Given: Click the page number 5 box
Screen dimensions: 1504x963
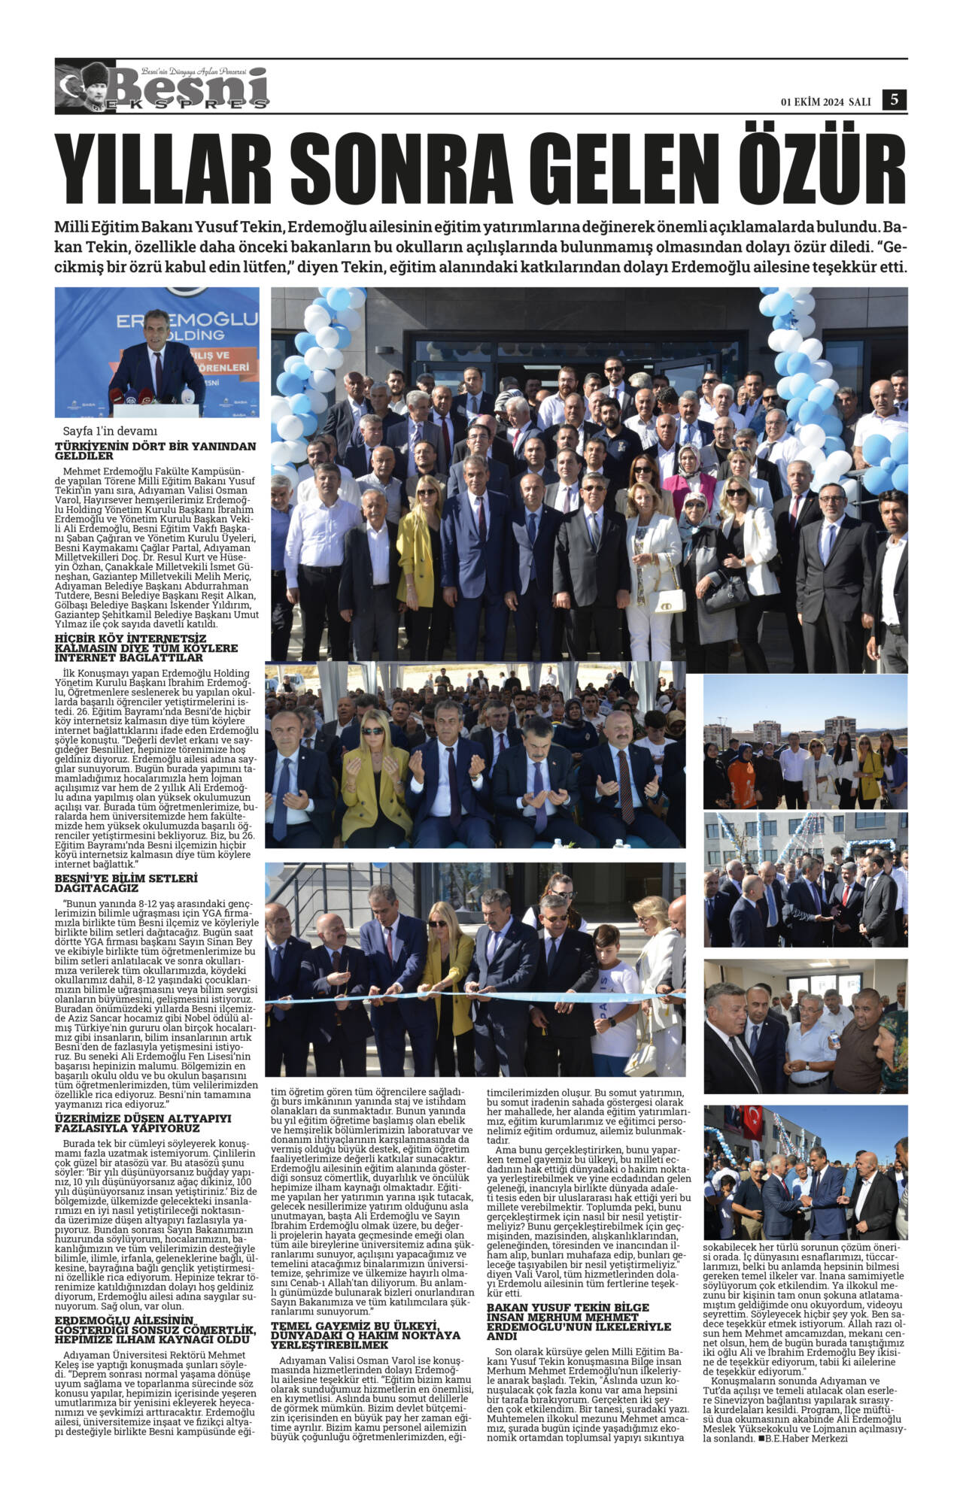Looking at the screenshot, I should pyautogui.click(x=894, y=99).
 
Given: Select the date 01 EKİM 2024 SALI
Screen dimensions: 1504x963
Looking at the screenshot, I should pyautogui.click(x=825, y=102).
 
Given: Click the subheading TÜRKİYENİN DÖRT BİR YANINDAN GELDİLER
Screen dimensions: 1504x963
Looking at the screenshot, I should pyautogui.click(x=155, y=450).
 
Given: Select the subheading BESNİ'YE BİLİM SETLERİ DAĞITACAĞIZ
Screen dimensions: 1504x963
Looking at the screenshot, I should pyautogui.click(x=126, y=883).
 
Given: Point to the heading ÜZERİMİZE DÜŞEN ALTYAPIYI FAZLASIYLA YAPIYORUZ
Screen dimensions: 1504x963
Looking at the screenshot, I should pyautogui.click(x=143, y=1123).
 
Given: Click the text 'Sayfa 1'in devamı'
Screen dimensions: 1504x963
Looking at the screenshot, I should pyautogui.click(x=111, y=431).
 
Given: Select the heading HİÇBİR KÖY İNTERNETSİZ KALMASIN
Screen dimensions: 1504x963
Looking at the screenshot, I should pyautogui.click(x=146, y=647).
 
